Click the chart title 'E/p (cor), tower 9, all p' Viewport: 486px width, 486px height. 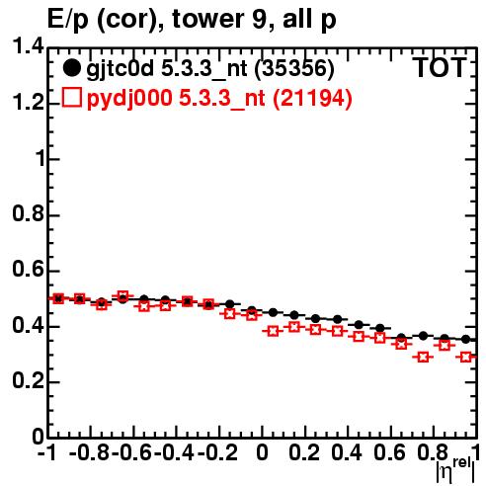pyautogui.click(x=192, y=20)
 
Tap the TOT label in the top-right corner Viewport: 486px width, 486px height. pyautogui.click(x=440, y=67)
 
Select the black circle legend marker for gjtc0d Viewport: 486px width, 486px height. pyautogui.click(x=71, y=68)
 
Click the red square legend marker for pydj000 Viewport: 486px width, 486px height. pyautogui.click(x=71, y=98)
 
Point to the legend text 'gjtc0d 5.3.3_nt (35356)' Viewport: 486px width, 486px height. pyautogui.click(x=210, y=69)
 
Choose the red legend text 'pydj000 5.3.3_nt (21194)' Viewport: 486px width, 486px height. pyautogui.click(x=219, y=99)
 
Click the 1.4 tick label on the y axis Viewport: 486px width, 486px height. pyautogui.click(x=28, y=46)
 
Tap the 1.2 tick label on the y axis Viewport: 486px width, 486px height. pyautogui.click(x=28, y=103)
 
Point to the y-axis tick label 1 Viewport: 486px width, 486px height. pyautogui.click(x=40, y=158)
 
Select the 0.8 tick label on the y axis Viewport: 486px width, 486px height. pyautogui.click(x=28, y=213)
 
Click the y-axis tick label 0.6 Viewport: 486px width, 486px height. pyautogui.click(x=28, y=270)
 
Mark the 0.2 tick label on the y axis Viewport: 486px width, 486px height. pyautogui.click(x=28, y=381)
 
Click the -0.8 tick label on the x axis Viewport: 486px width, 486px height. pyautogui.click(x=89, y=452)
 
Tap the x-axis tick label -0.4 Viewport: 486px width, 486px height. pyautogui.click(x=174, y=452)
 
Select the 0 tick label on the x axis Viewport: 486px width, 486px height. pyautogui.click(x=262, y=452)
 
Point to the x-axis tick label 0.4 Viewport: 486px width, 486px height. pyautogui.click(x=347, y=452)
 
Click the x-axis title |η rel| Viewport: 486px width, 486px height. pyautogui.click(x=455, y=469)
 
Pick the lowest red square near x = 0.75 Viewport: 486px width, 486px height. pyautogui.click(x=423, y=357)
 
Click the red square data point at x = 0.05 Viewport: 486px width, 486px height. pyautogui.click(x=273, y=331)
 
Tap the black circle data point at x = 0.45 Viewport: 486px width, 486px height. pyautogui.click(x=359, y=325)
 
